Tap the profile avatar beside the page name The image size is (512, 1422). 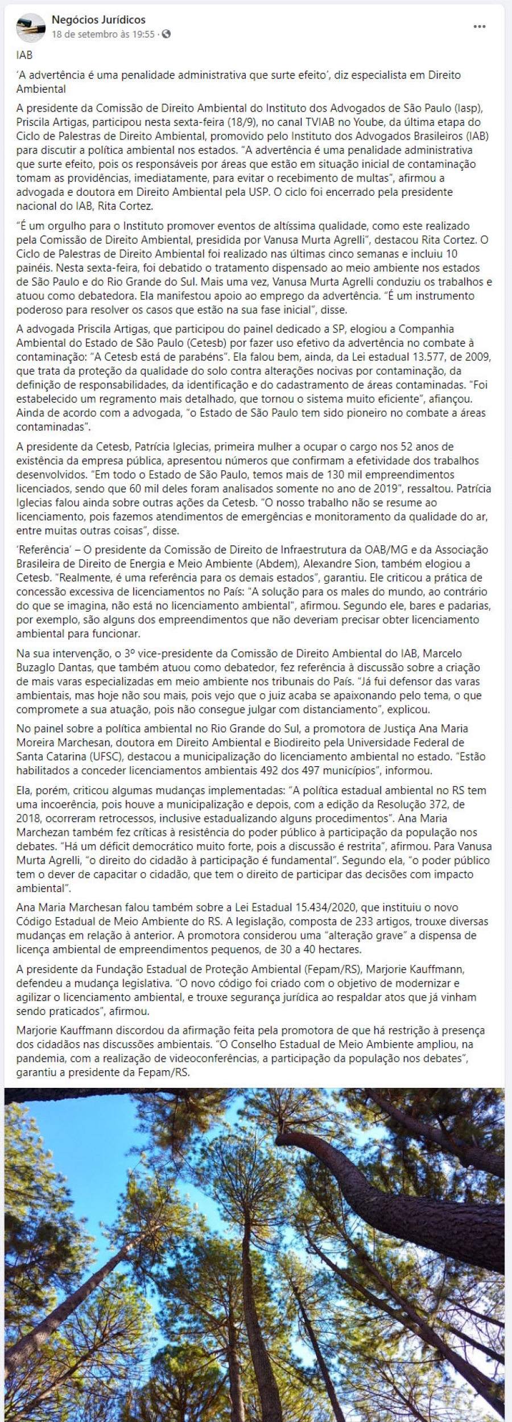pos(31,27)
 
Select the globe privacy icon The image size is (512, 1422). pos(166,34)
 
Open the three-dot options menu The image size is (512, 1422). pos(479,26)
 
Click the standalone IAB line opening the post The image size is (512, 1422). pos(24,55)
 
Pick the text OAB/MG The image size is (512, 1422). pos(393,550)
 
